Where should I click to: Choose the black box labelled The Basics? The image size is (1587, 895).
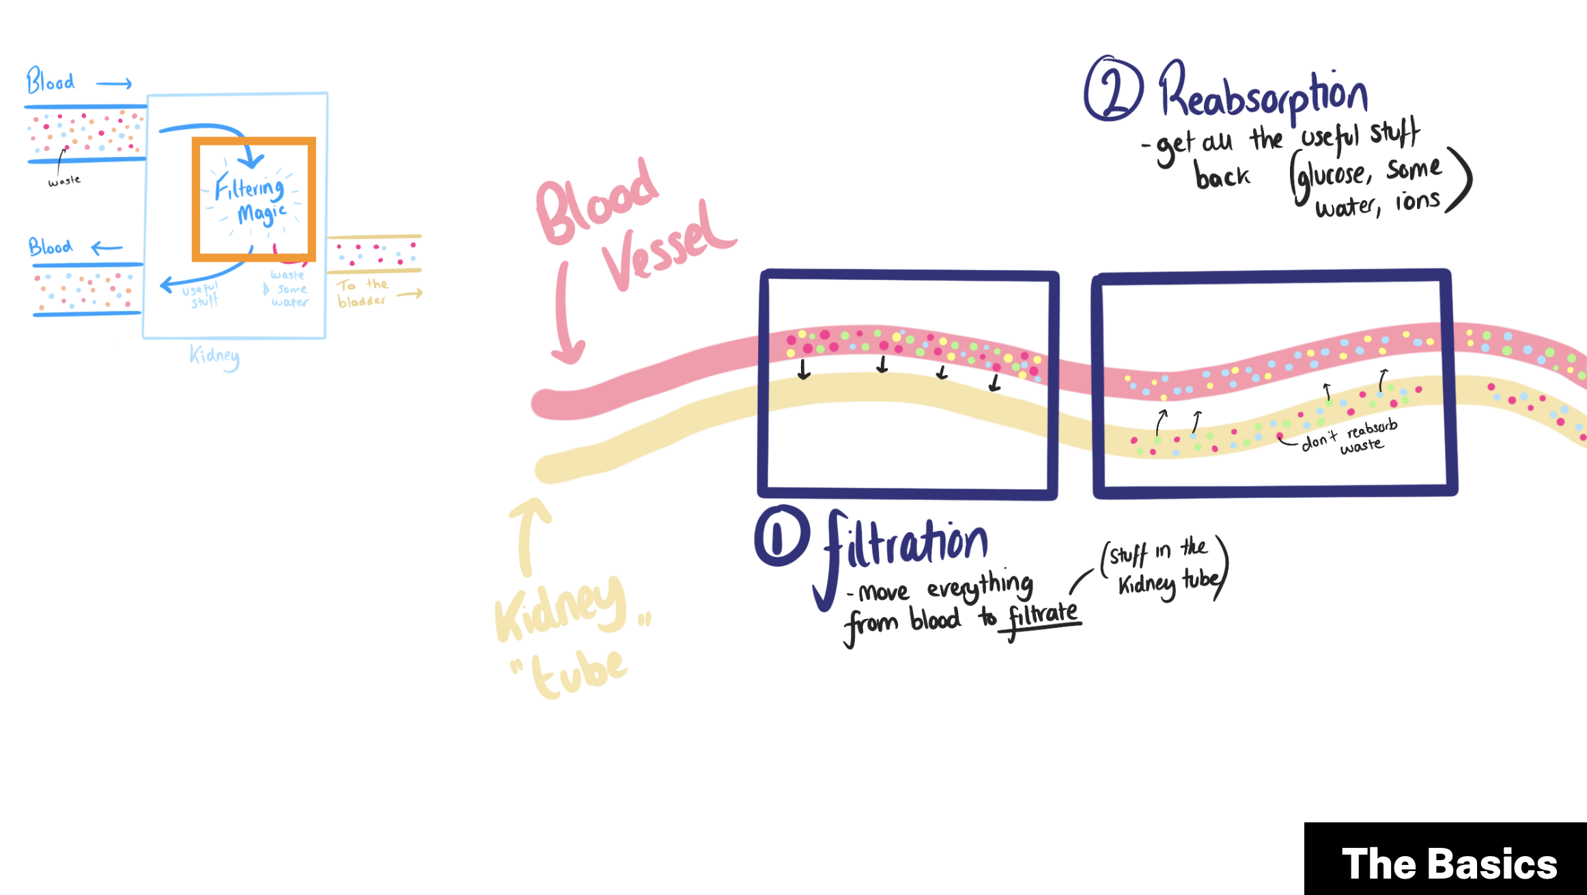[x=1445, y=859]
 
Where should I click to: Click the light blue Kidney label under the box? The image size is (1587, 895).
[x=214, y=356]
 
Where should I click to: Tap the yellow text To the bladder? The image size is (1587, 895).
[x=363, y=293]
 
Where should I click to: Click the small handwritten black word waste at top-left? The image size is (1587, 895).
[x=64, y=181]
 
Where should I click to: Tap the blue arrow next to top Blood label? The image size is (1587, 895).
[x=113, y=84]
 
